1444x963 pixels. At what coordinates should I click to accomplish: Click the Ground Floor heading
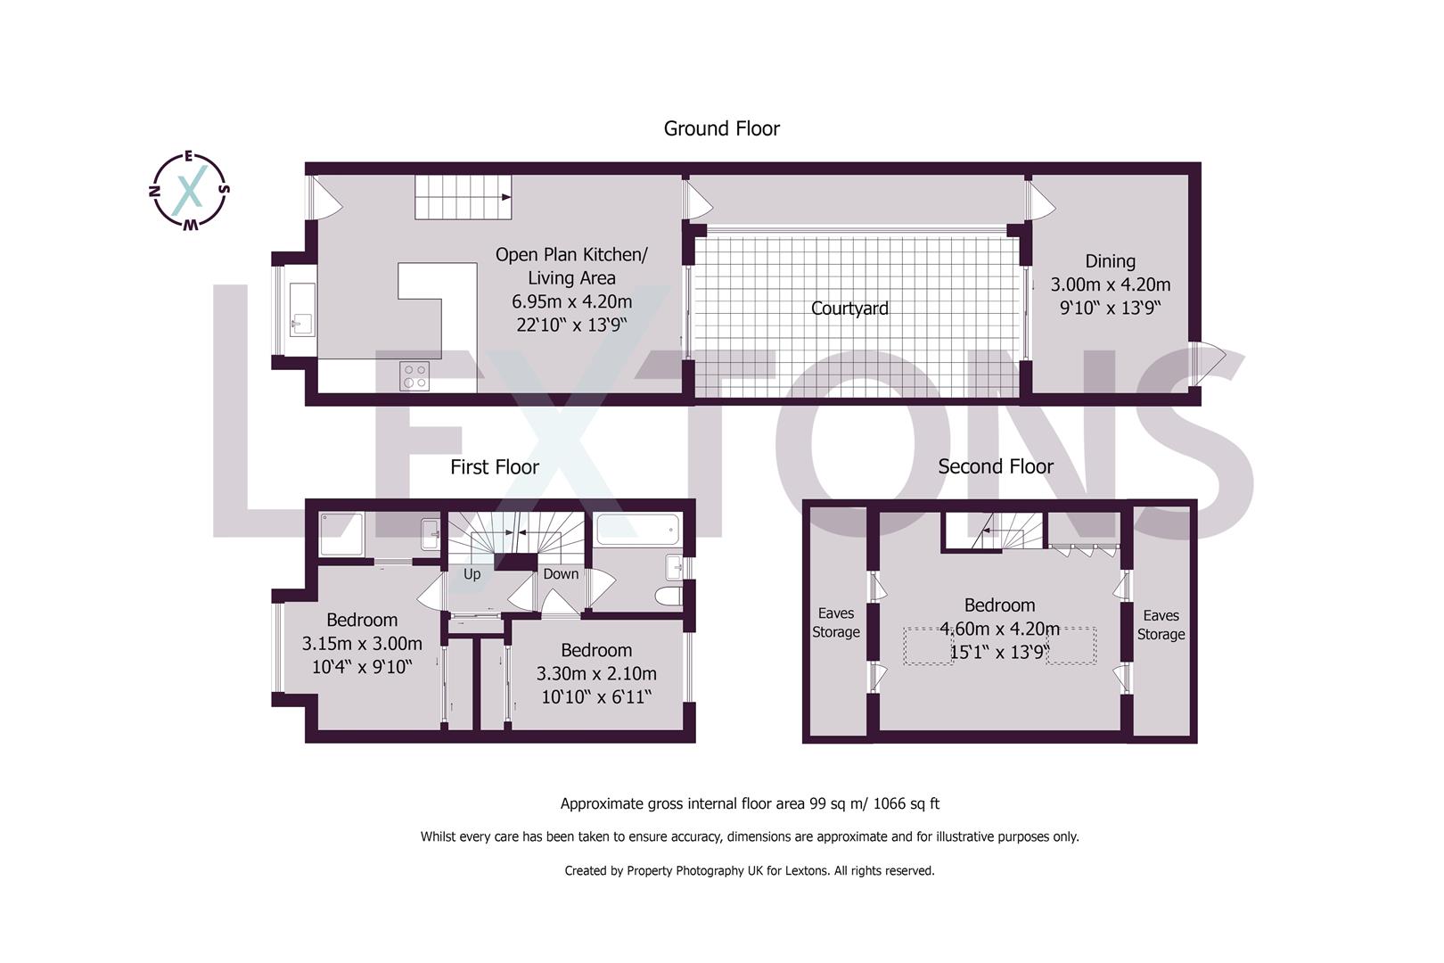point(721,128)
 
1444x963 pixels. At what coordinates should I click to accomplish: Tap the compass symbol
point(188,191)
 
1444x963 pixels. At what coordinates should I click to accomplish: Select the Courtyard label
point(849,309)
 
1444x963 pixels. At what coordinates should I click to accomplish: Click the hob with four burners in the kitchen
point(414,375)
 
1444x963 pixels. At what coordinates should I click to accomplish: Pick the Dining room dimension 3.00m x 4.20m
point(1110,284)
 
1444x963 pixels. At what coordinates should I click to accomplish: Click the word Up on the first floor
point(472,574)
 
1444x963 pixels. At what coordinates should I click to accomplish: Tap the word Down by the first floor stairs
point(561,574)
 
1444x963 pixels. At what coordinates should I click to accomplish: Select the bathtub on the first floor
point(637,530)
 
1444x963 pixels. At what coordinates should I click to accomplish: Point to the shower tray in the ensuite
point(340,533)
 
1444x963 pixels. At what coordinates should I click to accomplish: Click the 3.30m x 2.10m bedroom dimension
point(596,673)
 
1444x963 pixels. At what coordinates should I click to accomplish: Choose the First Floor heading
point(494,467)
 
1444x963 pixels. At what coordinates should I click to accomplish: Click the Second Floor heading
point(996,466)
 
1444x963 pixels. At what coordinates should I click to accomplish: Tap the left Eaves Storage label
point(835,622)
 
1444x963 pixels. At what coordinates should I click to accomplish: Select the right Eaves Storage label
point(1161,624)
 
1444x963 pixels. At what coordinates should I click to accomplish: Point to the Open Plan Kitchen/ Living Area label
point(571,266)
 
